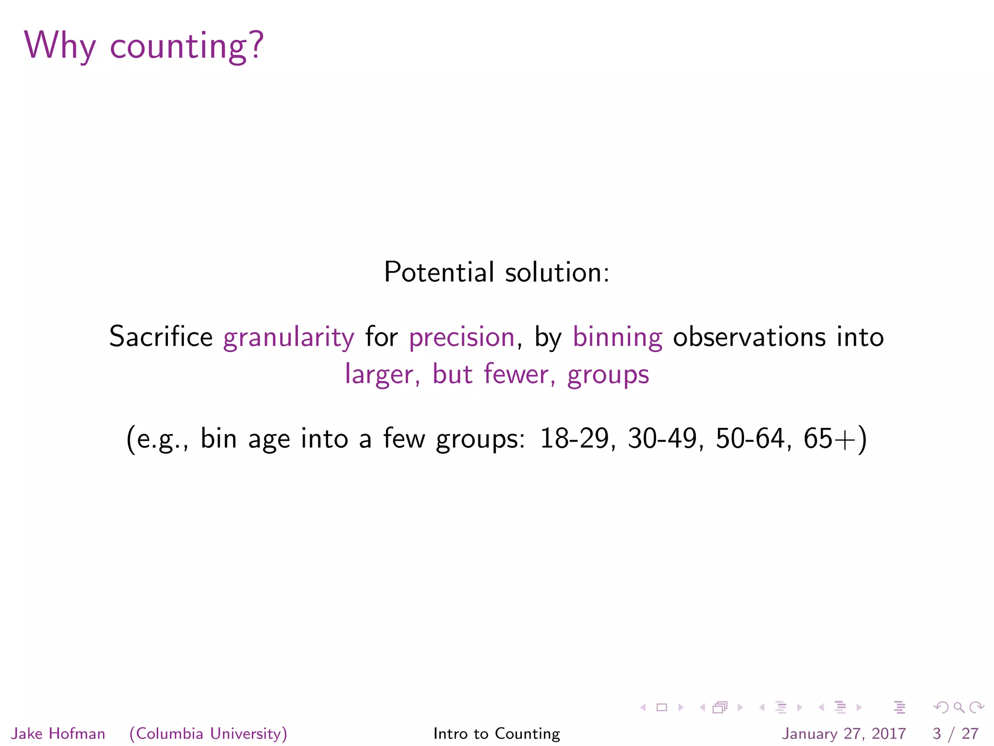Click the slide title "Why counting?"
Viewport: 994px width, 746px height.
(x=144, y=46)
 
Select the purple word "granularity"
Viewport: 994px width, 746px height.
(x=289, y=337)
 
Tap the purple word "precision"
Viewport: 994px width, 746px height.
(x=462, y=337)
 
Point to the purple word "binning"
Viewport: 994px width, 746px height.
(x=617, y=337)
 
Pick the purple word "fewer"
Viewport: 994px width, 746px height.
(x=516, y=374)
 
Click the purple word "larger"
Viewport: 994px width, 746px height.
(x=379, y=375)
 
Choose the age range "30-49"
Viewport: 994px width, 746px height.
(x=662, y=438)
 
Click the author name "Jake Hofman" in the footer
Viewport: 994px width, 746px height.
(x=58, y=733)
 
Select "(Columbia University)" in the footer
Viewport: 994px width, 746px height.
(x=208, y=733)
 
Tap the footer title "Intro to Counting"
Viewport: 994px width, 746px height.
(x=497, y=733)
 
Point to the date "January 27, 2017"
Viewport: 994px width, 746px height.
(x=844, y=733)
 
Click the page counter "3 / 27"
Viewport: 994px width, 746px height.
(x=955, y=733)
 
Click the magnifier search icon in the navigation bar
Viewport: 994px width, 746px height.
(x=959, y=708)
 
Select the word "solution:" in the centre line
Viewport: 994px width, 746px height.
(x=557, y=272)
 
